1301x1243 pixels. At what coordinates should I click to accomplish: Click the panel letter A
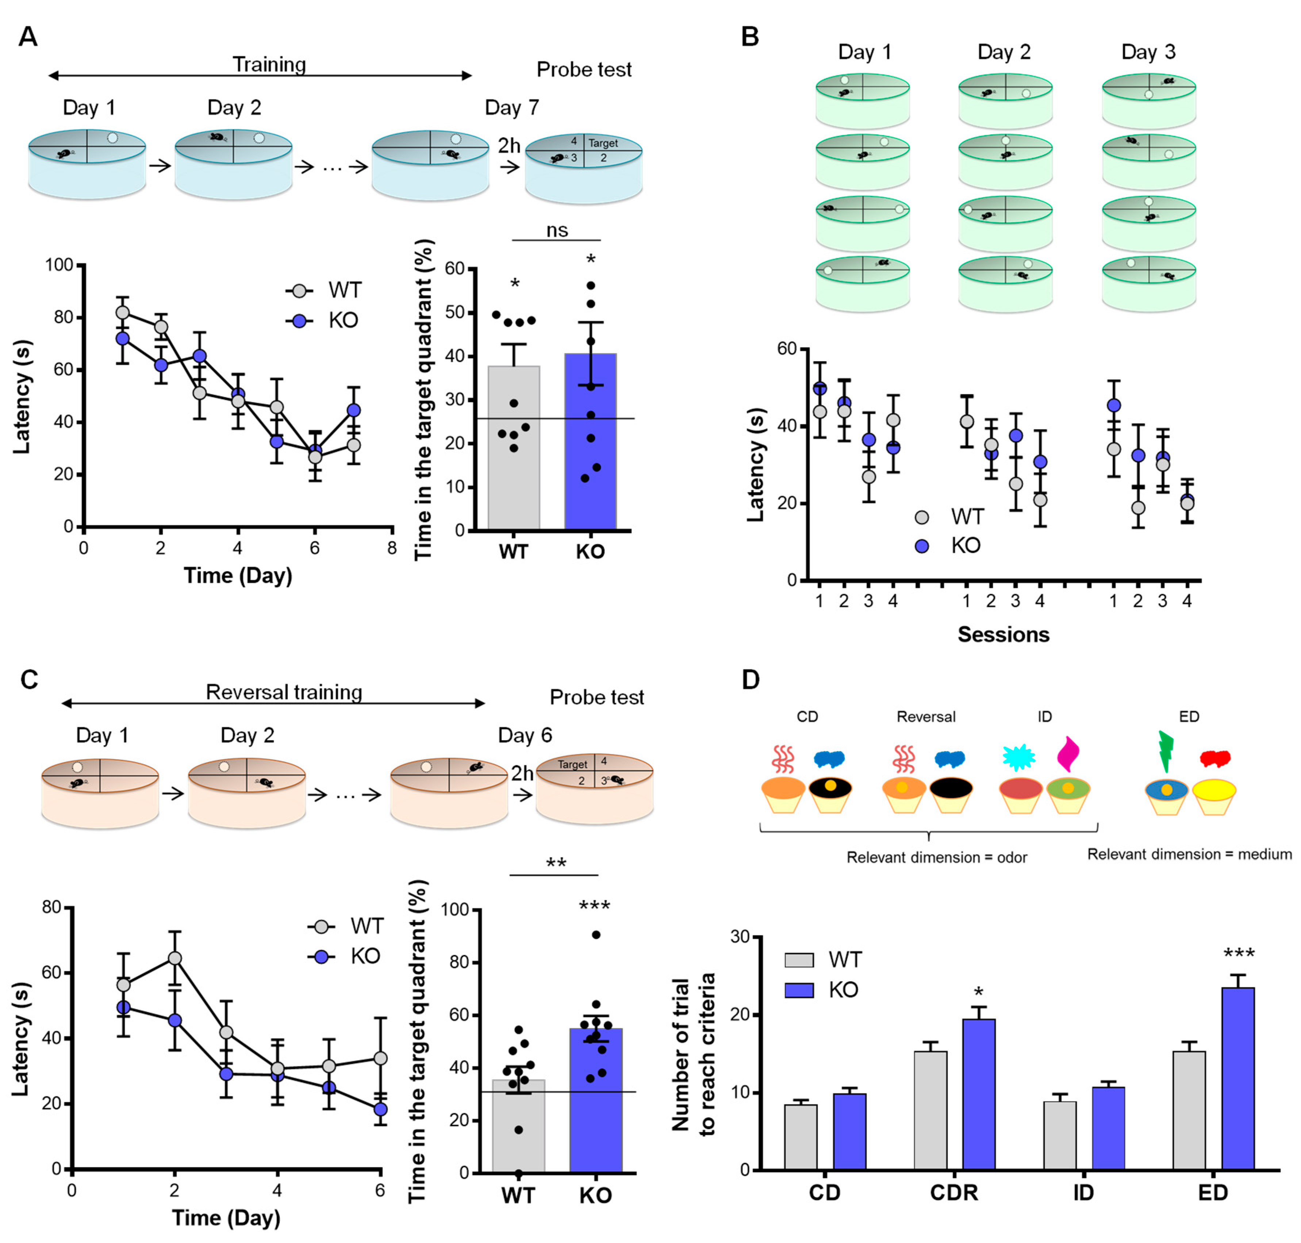28,37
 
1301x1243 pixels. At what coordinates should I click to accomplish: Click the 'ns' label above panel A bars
556,230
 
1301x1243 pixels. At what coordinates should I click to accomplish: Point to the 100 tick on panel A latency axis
59,265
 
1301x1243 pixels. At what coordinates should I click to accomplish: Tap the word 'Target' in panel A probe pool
602,143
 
